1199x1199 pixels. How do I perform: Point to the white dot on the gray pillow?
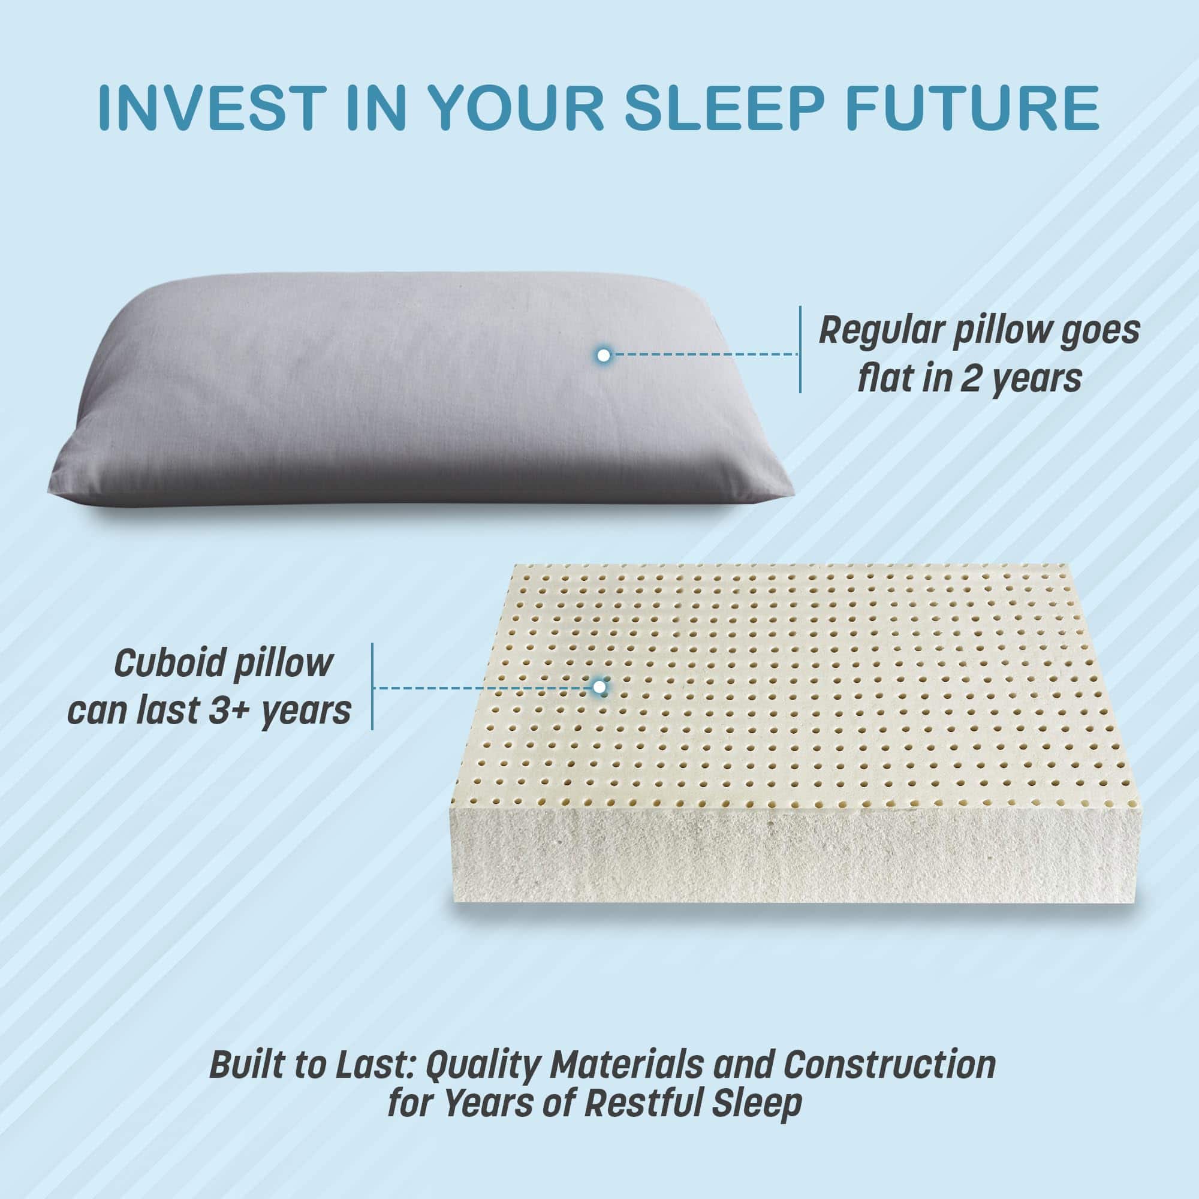tap(602, 356)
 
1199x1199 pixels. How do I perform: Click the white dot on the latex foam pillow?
tap(599, 687)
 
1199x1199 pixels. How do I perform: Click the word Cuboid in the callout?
tap(168, 664)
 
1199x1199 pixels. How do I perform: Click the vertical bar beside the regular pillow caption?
tap(800, 350)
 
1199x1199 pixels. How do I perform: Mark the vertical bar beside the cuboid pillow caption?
tap(372, 686)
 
